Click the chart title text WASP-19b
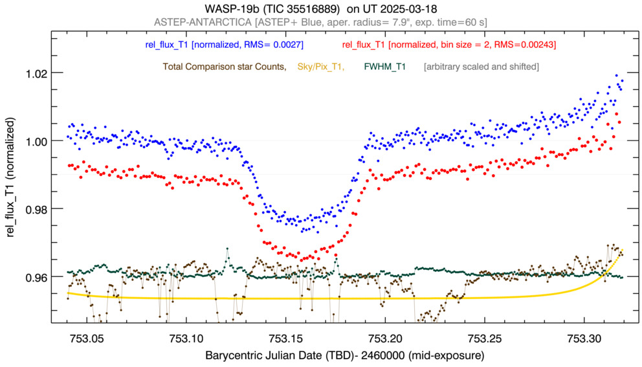230,10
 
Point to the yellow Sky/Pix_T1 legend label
320,66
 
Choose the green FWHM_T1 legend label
385,66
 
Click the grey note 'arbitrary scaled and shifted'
481,66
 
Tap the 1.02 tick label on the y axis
36,73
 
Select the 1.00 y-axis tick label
36,141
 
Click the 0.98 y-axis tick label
36,209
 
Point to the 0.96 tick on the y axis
36,277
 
